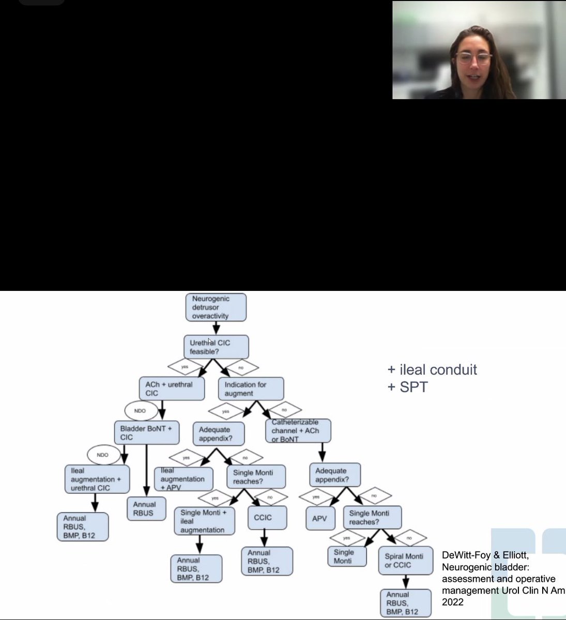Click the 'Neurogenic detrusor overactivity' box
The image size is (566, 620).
point(216,307)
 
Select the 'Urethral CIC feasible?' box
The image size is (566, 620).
point(216,347)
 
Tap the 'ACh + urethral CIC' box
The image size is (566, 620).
point(172,389)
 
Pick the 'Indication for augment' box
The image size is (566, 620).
point(251,389)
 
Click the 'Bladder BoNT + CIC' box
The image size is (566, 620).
point(146,432)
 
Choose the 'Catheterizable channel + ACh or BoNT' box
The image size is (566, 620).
point(298,430)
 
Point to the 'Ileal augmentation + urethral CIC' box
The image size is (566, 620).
point(97,479)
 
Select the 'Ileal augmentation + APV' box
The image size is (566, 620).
point(183,479)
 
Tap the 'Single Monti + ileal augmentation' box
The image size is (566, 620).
point(204,521)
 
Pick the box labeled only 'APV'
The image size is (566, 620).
point(319,518)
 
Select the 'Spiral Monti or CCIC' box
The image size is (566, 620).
point(405,560)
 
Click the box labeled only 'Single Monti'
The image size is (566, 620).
point(347,556)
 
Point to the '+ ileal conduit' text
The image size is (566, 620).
point(432,370)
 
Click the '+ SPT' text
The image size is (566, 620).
point(408,387)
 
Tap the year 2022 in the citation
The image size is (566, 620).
point(453,602)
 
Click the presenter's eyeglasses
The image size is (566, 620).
point(473,58)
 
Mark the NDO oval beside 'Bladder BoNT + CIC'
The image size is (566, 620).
point(140,411)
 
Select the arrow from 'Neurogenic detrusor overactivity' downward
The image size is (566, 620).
point(216,328)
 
